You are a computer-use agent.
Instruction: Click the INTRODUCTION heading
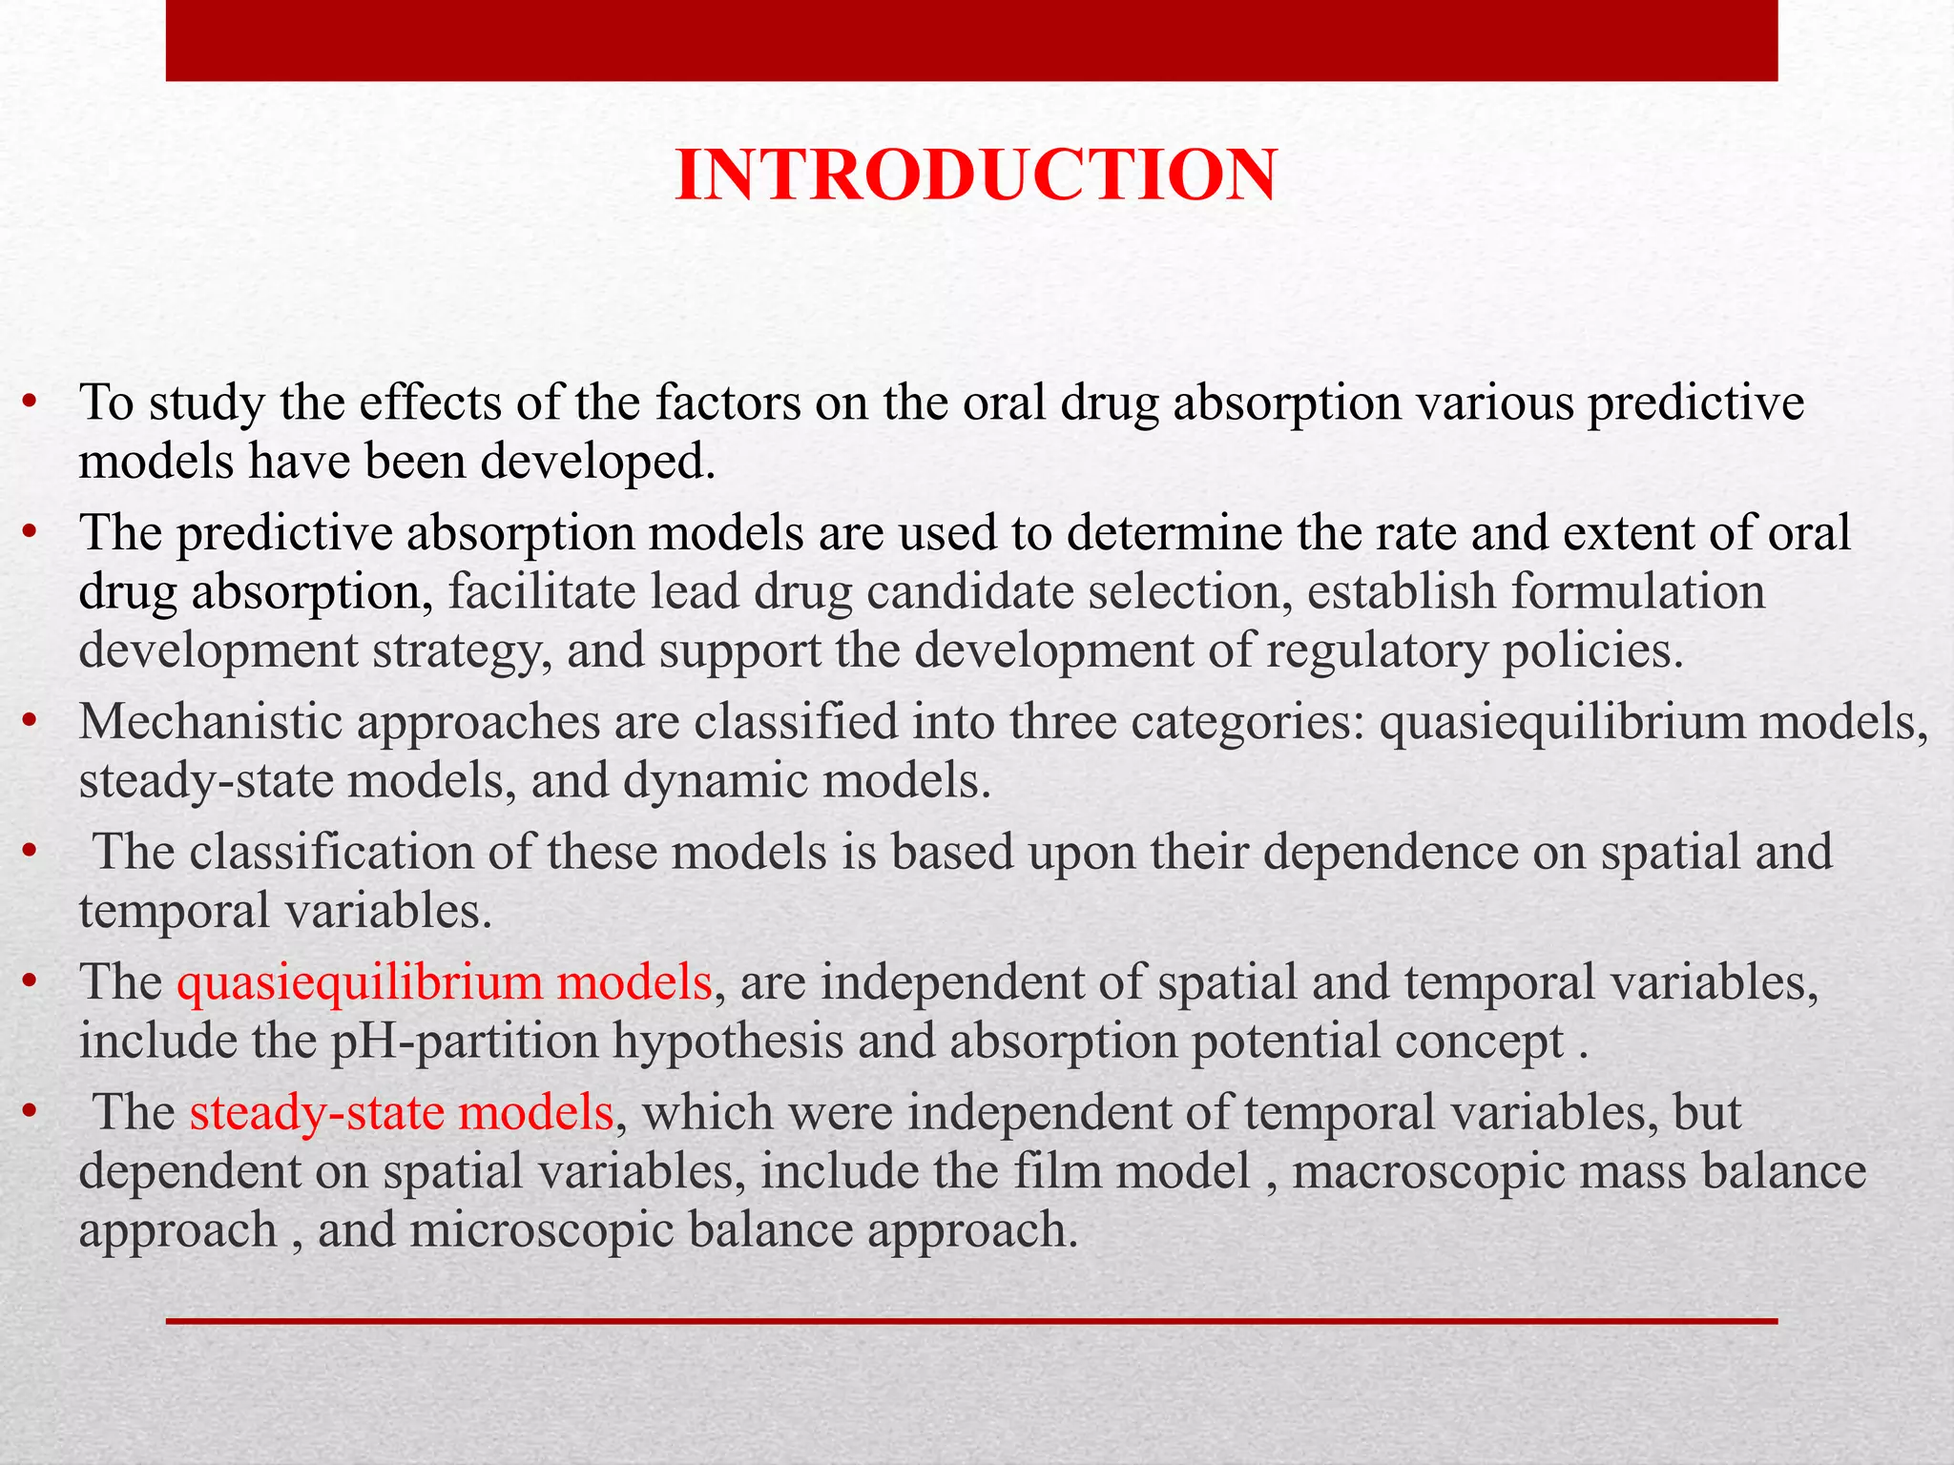975,176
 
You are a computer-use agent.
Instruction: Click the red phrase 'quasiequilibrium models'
444,982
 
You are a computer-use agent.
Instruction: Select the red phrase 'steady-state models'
401,1113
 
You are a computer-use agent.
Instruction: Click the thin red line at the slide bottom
971,1321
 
